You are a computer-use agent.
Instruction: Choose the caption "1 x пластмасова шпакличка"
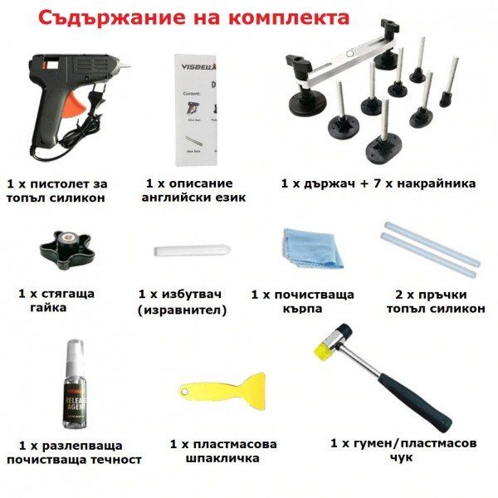pos(222,451)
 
